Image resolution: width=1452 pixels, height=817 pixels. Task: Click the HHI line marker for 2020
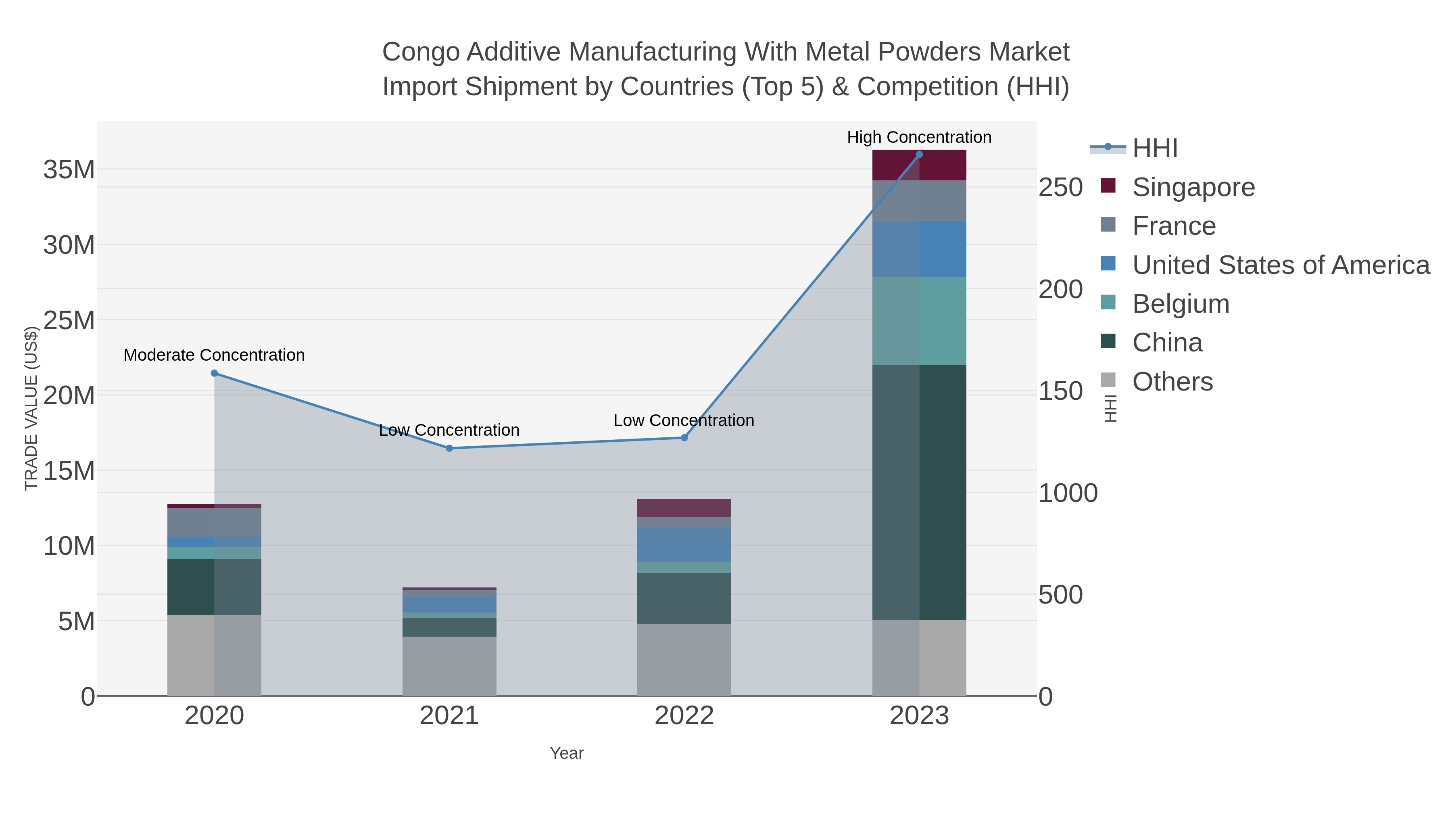coord(214,373)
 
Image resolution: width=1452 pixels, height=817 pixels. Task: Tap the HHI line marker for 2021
coord(449,448)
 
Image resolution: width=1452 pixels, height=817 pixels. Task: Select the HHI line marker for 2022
coord(684,437)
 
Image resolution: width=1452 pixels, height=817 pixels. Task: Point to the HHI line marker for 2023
coord(919,155)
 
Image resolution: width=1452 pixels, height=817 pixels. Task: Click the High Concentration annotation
coord(919,138)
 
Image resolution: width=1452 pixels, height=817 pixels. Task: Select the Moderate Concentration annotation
coord(214,355)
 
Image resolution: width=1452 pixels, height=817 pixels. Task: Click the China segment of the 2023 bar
coord(919,492)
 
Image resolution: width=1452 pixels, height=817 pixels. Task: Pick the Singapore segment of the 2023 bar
coord(919,165)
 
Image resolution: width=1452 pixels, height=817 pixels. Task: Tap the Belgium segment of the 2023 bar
coord(919,320)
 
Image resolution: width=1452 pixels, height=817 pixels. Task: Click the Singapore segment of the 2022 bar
coord(684,508)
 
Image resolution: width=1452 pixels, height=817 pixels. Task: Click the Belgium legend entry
coord(1181,304)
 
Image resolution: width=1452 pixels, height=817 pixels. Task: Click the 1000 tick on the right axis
coord(1068,493)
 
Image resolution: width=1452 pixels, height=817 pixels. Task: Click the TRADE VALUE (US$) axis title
coord(31,408)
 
